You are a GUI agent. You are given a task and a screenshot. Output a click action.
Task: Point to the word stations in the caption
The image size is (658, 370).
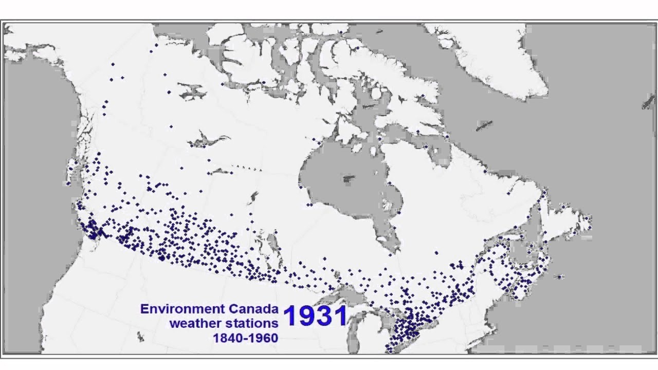[251, 324]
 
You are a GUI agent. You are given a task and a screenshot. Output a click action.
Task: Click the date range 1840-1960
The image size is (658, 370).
[245, 338]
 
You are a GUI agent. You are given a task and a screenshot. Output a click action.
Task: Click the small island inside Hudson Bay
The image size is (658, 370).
[349, 179]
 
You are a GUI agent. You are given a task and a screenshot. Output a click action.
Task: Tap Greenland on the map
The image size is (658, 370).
[493, 57]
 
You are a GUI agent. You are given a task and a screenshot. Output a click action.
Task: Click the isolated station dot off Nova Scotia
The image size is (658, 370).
[560, 277]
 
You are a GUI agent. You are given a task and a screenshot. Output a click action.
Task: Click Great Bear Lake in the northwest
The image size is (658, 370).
[193, 92]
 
